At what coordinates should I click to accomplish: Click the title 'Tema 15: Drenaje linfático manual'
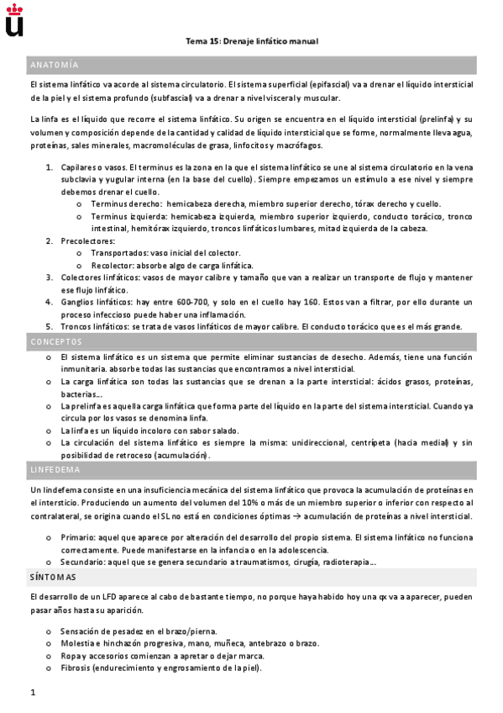pyautogui.click(x=252, y=41)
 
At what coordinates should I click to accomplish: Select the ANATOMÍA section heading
pyautogui.click(x=54, y=65)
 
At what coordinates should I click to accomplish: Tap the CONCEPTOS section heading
pyautogui.click(x=55, y=342)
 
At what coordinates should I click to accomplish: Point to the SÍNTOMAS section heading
pyautogui.click(x=53, y=577)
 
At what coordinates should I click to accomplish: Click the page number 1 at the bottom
pyautogui.click(x=32, y=692)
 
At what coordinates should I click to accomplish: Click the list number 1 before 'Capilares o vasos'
pyautogui.click(x=49, y=168)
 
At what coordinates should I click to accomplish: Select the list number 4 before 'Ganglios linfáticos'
pyautogui.click(x=49, y=302)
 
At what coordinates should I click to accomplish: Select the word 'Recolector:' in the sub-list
pyautogui.click(x=116, y=266)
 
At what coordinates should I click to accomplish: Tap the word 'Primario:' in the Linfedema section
pyautogui.click(x=78, y=536)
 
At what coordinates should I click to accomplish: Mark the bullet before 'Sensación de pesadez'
pyautogui.click(x=51, y=631)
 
